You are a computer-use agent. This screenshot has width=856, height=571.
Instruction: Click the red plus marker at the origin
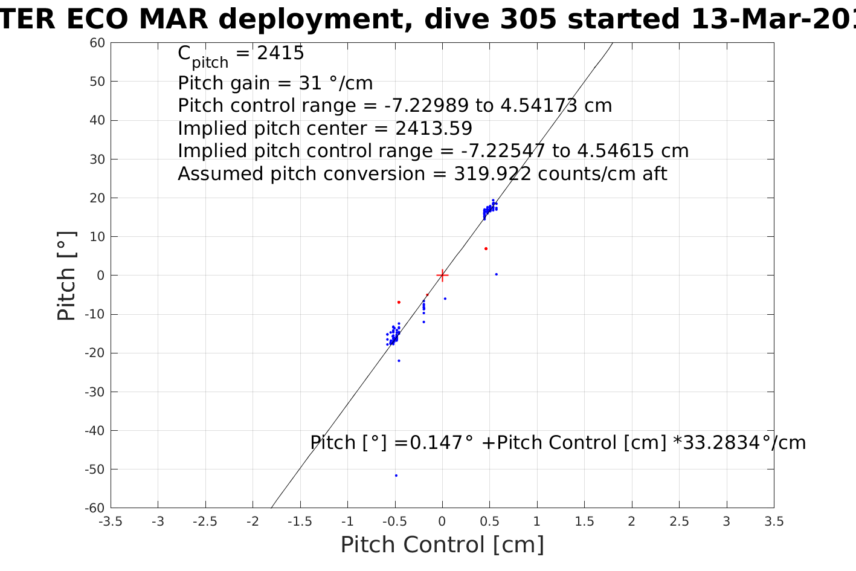[442, 276]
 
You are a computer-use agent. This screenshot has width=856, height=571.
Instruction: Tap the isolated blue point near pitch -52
[396, 476]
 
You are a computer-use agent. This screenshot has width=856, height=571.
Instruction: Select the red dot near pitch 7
[486, 249]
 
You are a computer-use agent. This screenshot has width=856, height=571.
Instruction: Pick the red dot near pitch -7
[399, 302]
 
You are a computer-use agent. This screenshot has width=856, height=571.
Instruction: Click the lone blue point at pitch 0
[497, 274]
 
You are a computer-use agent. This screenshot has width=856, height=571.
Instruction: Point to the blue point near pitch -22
[399, 361]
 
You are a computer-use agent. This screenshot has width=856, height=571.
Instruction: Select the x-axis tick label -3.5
[110, 521]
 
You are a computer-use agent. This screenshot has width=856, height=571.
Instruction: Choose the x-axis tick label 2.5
[679, 521]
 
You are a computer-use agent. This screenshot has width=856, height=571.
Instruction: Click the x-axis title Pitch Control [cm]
[442, 545]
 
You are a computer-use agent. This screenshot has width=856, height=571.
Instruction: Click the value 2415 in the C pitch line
[281, 53]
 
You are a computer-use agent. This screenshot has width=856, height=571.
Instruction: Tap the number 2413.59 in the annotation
[434, 129]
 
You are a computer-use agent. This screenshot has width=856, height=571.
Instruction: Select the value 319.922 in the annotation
[492, 174]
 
